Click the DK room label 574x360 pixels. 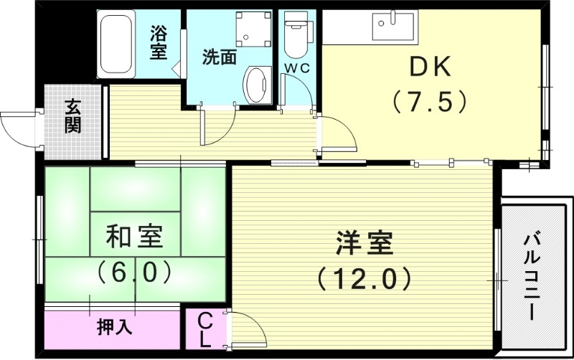(429, 68)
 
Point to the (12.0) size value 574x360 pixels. (364, 277)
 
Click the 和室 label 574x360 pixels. (134, 235)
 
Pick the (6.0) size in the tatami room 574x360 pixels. (134, 270)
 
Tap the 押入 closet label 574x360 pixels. (114, 328)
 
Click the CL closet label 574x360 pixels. (205, 328)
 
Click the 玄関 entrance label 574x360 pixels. (72, 117)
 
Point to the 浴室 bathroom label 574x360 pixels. (159, 42)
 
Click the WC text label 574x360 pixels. (296, 67)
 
